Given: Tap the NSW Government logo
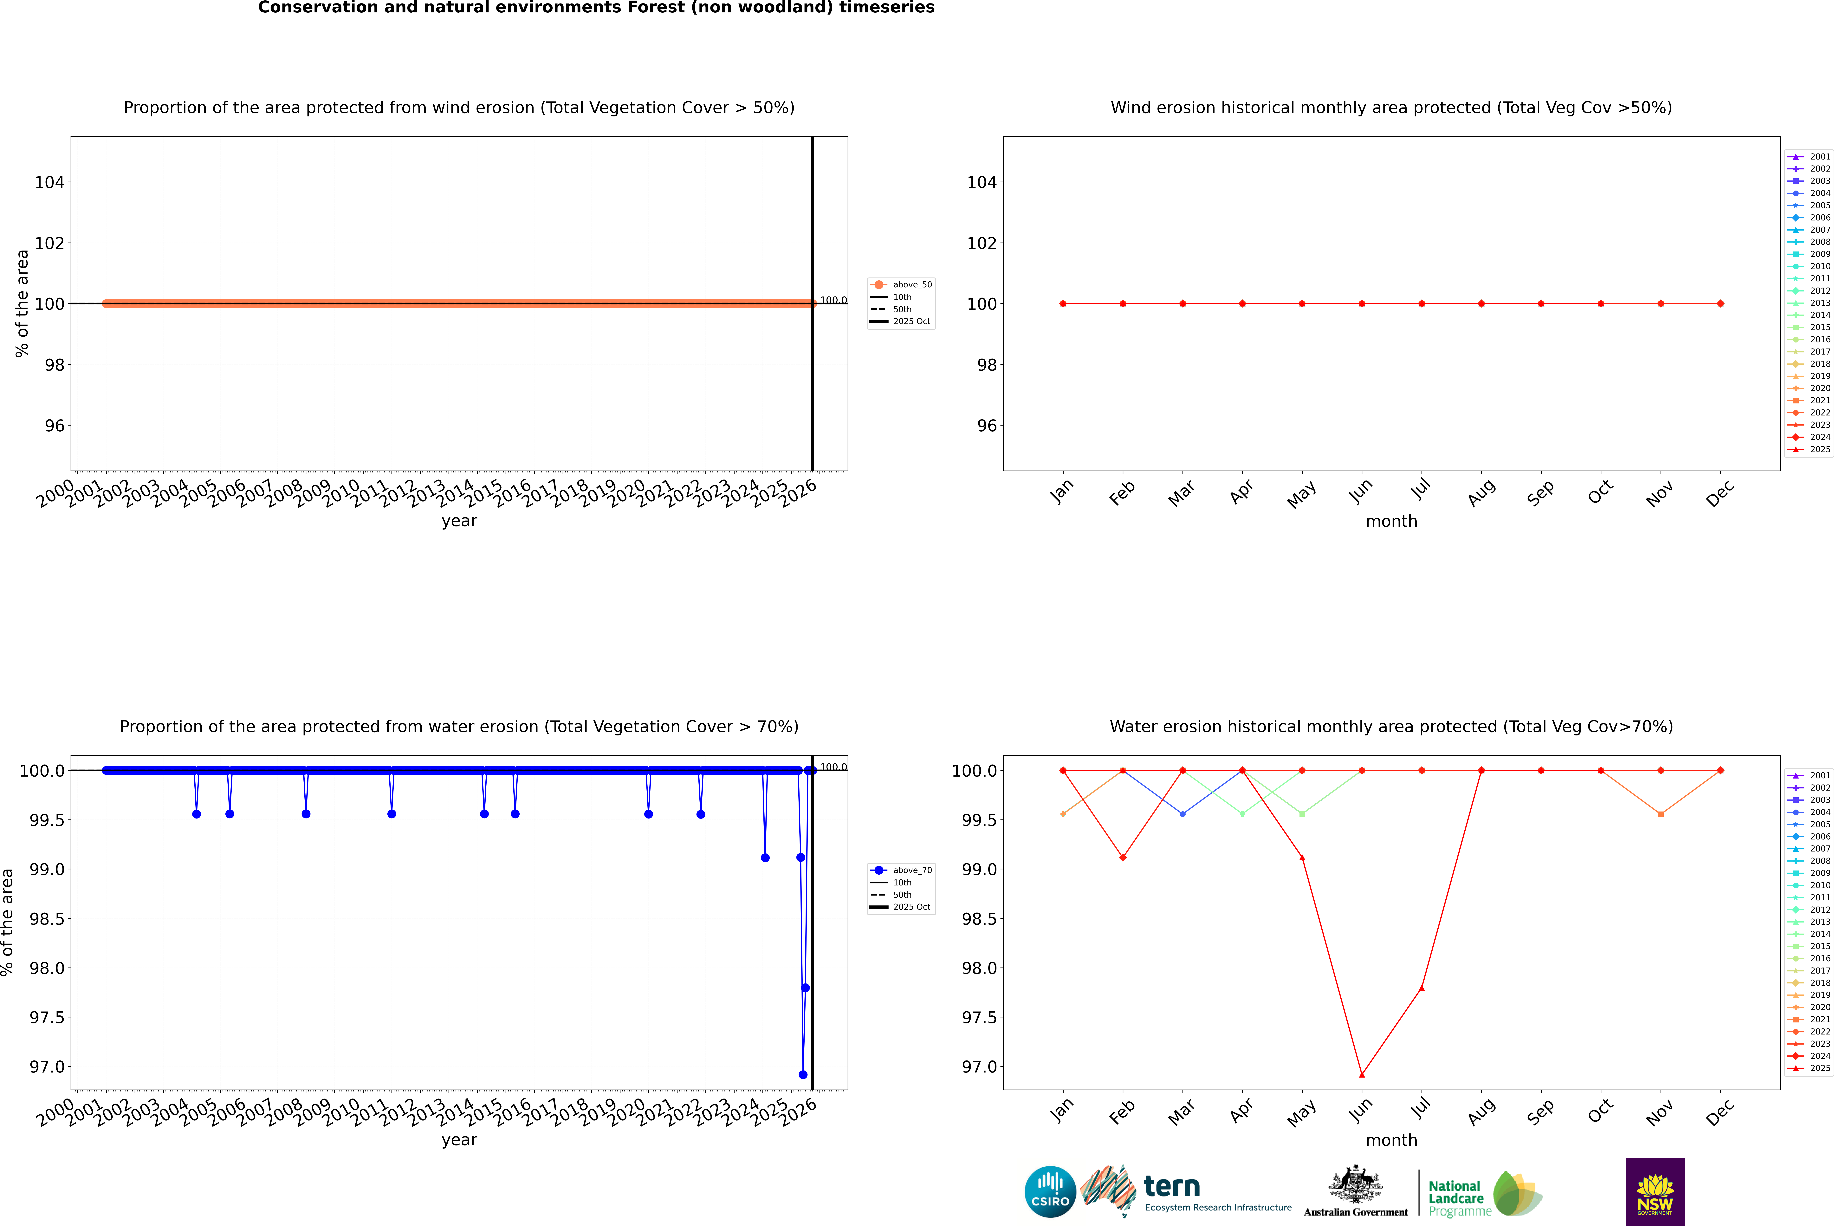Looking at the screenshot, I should coord(1655,1192).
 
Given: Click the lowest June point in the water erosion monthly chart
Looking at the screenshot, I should coord(1362,1074).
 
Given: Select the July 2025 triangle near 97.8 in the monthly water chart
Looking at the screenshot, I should coord(1421,988).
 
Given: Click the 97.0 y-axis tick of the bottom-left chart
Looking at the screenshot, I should coord(47,1066).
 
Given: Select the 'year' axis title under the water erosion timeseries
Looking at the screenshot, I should coord(459,1140).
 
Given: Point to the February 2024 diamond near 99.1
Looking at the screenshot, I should coord(1123,858).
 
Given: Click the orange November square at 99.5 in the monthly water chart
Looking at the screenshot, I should coord(1660,814).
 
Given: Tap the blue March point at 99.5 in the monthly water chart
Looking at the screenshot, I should coord(1182,814).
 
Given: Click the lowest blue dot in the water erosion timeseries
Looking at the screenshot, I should coord(803,1074).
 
